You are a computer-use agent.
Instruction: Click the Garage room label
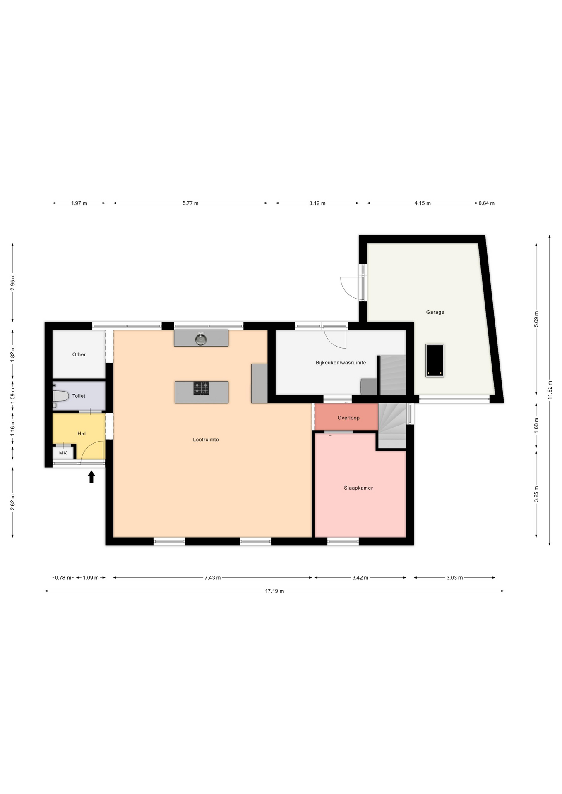[x=435, y=312]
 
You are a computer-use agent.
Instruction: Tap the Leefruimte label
[x=206, y=440]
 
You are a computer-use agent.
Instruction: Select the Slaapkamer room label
[x=358, y=488]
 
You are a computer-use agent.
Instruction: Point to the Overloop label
[x=348, y=418]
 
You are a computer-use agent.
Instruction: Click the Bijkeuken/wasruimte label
[x=341, y=363]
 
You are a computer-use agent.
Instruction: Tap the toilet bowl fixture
[x=60, y=396]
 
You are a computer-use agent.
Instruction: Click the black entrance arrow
[x=91, y=477]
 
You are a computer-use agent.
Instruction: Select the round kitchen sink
[x=201, y=339]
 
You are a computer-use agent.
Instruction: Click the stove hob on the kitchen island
[x=201, y=388]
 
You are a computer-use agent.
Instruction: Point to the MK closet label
[x=63, y=453]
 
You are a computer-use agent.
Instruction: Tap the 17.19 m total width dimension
[x=274, y=591]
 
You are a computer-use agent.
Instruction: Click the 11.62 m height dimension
[x=550, y=390]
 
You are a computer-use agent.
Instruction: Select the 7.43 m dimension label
[x=212, y=578]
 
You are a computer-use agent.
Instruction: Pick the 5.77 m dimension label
[x=190, y=203]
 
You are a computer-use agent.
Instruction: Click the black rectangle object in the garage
[x=435, y=361]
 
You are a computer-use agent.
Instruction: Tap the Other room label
[x=79, y=354]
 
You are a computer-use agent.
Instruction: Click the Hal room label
[x=82, y=433]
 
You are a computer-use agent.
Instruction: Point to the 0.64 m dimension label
[x=487, y=203]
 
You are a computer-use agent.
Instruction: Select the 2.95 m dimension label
[x=12, y=282]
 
